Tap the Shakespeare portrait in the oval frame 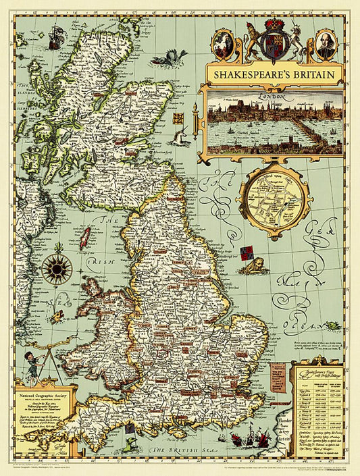point(325,44)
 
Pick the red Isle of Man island point(86,238)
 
